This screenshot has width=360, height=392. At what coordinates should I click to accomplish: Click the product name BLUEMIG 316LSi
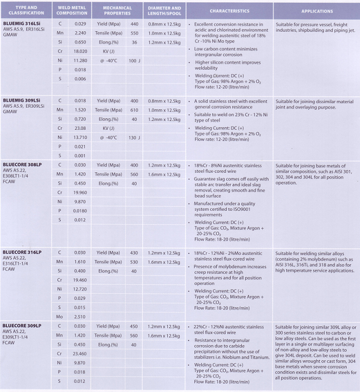pyautogui.click(x=21, y=24)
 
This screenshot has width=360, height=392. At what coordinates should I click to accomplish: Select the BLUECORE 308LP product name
pyautogui.click(x=22, y=165)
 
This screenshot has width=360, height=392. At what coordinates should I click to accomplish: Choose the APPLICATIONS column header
pyautogui.click(x=317, y=11)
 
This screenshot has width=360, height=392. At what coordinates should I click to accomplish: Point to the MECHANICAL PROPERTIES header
pyautogui.click(x=116, y=11)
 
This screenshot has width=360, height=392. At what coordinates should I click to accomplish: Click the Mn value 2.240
pyautogui.click(x=80, y=33)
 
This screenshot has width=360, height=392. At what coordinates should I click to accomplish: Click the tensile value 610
pyautogui.click(x=134, y=110)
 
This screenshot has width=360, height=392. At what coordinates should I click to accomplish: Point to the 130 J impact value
pyautogui.click(x=134, y=137)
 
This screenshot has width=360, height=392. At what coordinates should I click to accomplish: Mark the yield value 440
pyautogui.click(x=134, y=24)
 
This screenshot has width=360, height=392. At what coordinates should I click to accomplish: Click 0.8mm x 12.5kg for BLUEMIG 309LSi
pyautogui.click(x=164, y=101)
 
